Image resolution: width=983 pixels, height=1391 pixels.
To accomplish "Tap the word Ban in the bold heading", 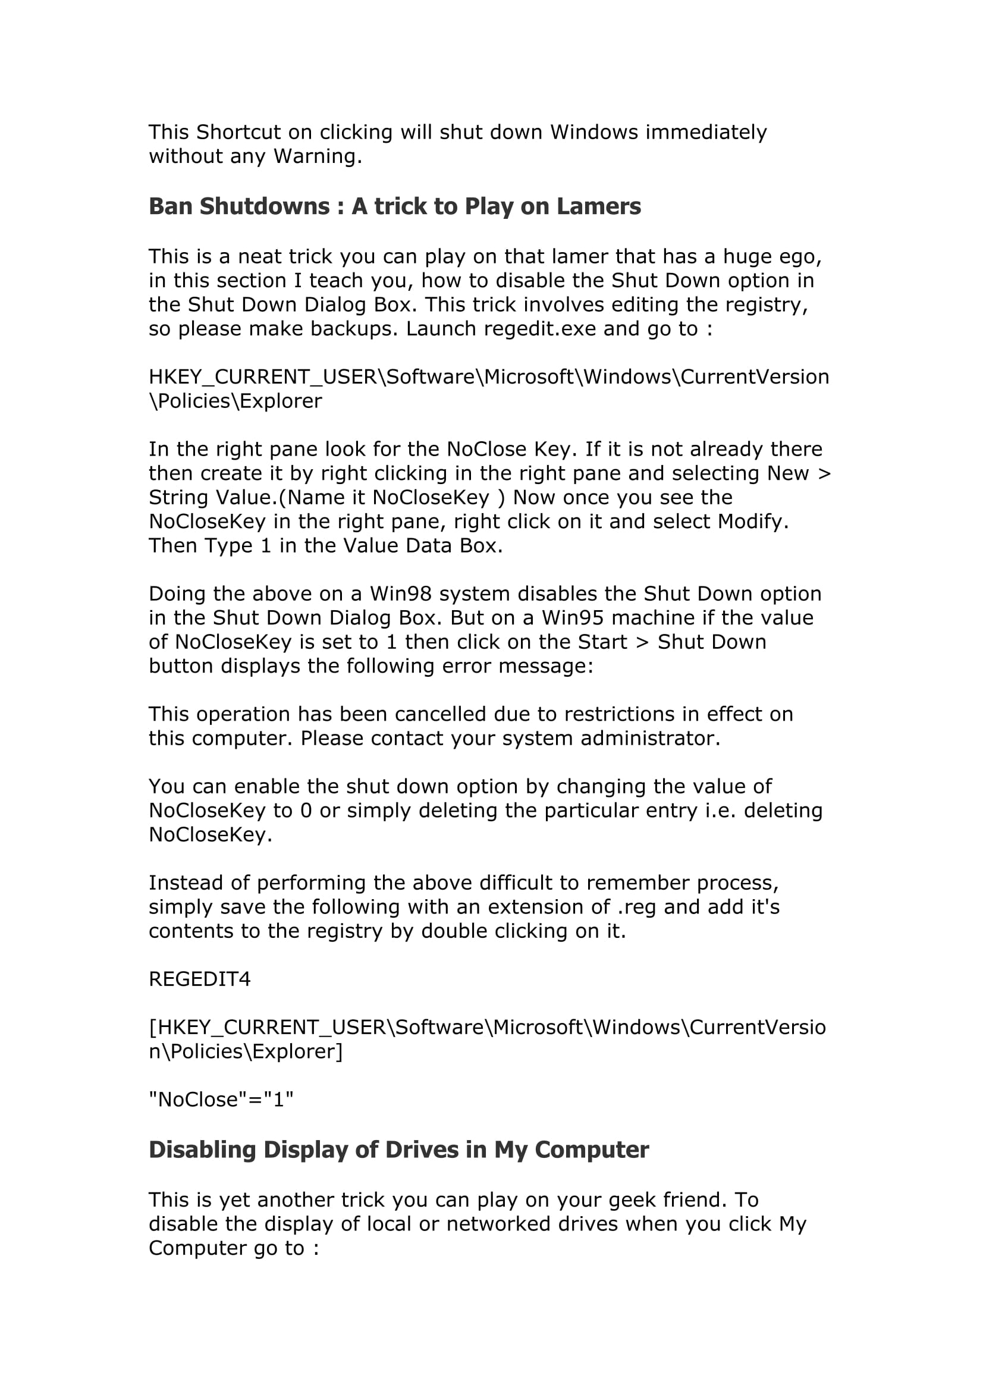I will [171, 206].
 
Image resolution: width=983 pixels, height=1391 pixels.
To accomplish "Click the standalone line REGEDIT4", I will [199, 979].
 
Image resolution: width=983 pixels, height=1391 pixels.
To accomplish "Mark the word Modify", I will [753, 522].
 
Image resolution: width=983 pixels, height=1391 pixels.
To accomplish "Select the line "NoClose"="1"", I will [221, 1100].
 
